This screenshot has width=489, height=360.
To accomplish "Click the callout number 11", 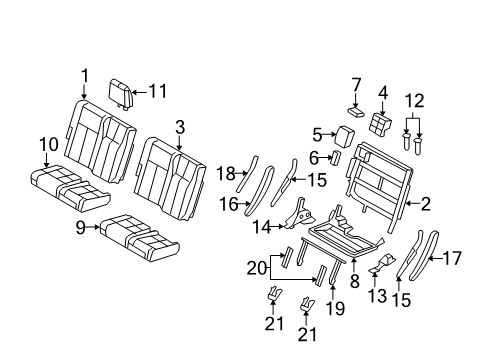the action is (x=157, y=91).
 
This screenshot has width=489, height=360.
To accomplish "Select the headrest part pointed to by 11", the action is (x=121, y=94).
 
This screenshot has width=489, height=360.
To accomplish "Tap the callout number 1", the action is (x=85, y=76).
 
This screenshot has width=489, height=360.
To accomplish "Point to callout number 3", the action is (x=180, y=128).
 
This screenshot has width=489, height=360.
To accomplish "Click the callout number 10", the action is (x=49, y=144).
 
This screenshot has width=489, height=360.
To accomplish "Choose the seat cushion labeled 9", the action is (x=139, y=238).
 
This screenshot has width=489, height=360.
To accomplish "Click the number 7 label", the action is (x=356, y=85).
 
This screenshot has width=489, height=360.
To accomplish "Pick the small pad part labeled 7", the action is (x=357, y=112).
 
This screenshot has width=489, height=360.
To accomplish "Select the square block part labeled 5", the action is (x=344, y=136).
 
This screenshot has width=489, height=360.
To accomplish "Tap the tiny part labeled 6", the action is (x=336, y=157).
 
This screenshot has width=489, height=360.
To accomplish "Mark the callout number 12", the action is (x=415, y=100).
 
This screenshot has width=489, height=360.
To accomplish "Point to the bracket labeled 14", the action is (x=299, y=215).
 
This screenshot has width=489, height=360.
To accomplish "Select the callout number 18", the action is (x=226, y=174).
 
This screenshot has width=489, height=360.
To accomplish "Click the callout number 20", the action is (x=257, y=268).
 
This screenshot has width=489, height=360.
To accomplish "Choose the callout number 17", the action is (x=452, y=258).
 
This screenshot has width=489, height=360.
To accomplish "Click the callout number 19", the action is (x=335, y=308).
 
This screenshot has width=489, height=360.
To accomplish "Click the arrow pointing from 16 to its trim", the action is (x=244, y=203).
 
